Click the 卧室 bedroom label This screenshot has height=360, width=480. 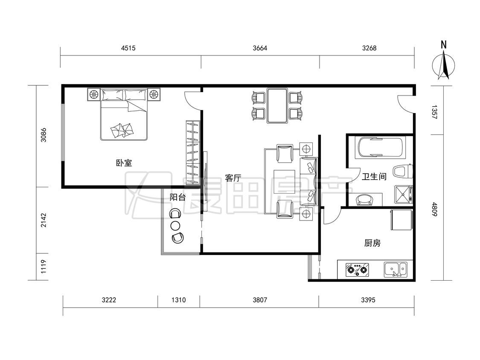[x=124, y=163]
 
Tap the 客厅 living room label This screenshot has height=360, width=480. [x=233, y=178]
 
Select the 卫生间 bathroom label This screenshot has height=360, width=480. [x=374, y=177]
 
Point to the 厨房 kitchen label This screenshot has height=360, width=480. [x=372, y=243]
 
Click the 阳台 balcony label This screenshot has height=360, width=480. [x=178, y=197]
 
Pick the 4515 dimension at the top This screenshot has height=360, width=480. [x=128, y=48]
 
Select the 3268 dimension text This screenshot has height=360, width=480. [x=369, y=48]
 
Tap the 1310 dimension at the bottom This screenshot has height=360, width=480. [x=178, y=300]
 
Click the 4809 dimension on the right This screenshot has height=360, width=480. [x=434, y=209]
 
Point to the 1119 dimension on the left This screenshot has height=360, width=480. [x=44, y=267]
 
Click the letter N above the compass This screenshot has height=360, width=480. [x=444, y=45]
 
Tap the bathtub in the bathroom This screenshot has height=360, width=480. [x=380, y=148]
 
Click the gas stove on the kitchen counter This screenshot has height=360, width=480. [x=357, y=270]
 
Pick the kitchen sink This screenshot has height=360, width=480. [x=396, y=270]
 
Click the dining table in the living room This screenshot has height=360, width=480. [x=277, y=106]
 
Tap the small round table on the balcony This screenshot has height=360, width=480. [x=175, y=226]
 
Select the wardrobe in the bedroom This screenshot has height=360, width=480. [x=193, y=152]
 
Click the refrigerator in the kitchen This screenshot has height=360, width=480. [x=401, y=220]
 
